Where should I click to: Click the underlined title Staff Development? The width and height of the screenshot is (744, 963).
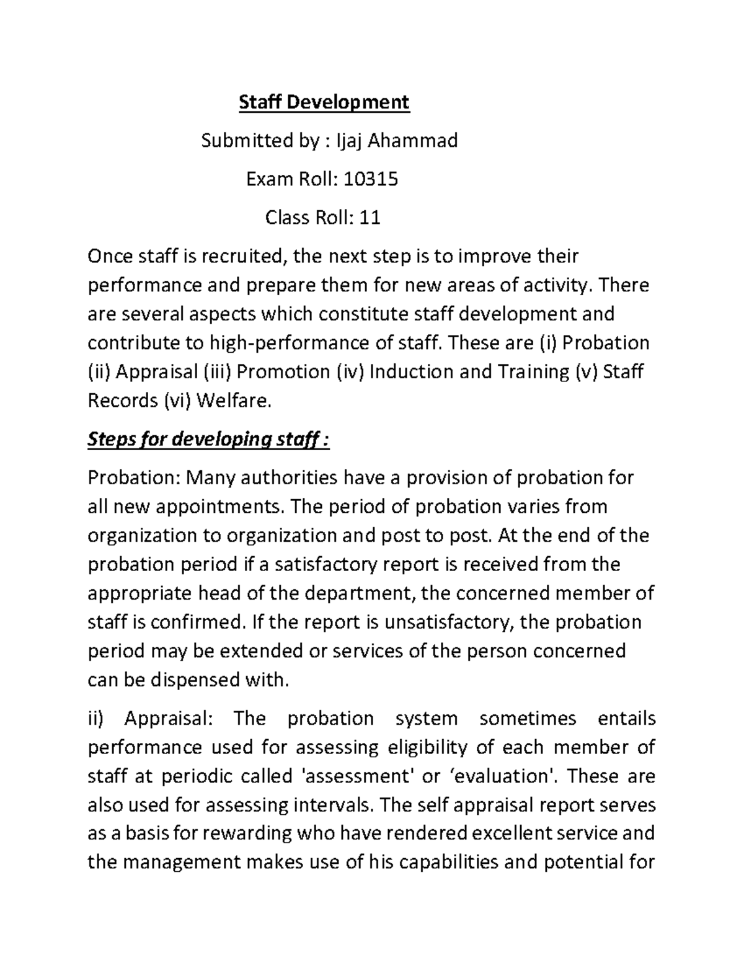324,102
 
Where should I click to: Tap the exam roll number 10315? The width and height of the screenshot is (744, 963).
371,179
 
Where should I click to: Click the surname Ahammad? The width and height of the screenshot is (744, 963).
413,141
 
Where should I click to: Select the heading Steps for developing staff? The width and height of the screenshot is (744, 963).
209,440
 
